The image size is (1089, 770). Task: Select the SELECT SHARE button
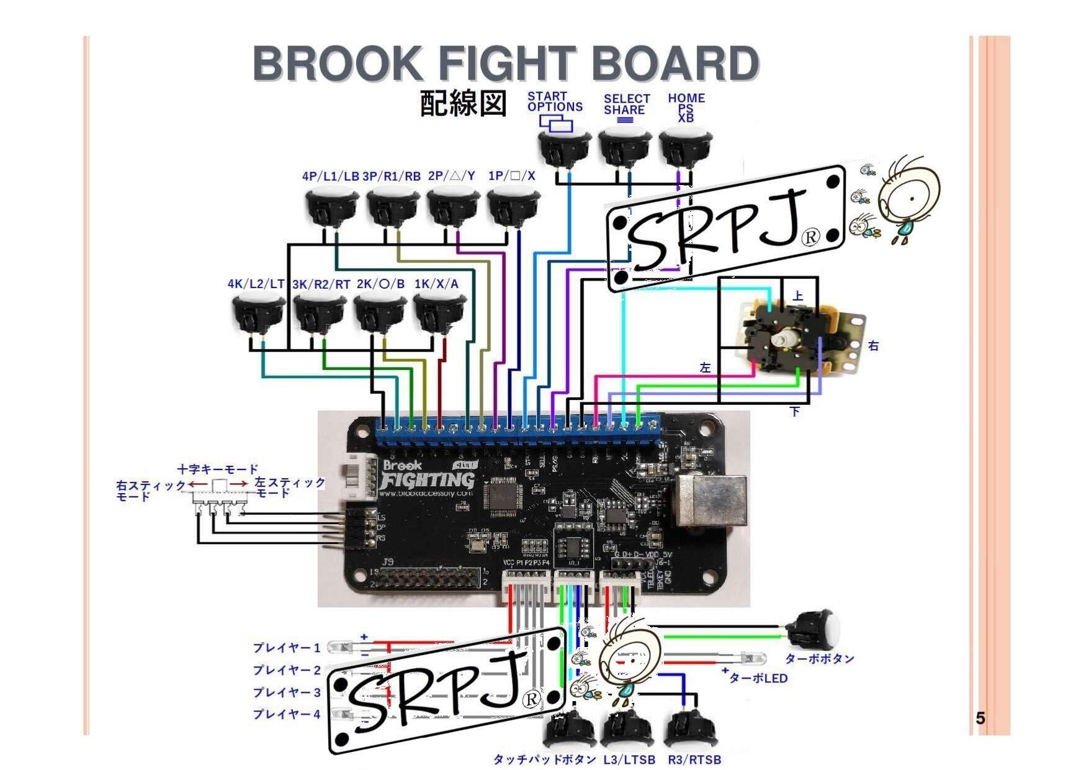[624, 146]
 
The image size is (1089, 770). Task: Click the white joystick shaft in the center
[780, 339]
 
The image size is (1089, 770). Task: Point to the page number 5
[980, 718]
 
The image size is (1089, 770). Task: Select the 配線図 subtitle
[463, 103]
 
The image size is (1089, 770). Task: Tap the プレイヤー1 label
[286, 648]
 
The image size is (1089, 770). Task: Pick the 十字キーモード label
[218, 469]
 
